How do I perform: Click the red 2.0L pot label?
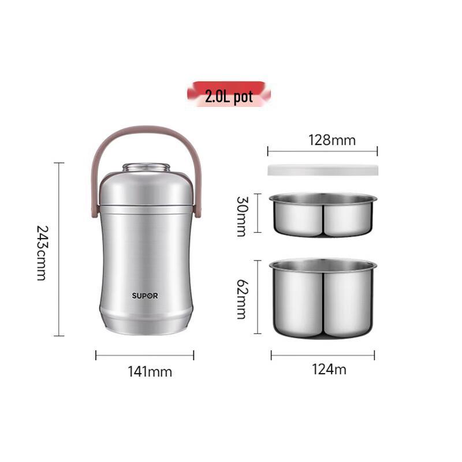coord(229,95)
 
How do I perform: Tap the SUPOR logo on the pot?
coord(144,296)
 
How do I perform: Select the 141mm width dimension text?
coord(150,371)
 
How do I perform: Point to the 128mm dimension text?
coord(332,140)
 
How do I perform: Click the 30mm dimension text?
coord(241,215)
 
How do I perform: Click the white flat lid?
coord(322,170)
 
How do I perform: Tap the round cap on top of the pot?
coord(147,168)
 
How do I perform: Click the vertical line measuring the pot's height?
coord(58,248)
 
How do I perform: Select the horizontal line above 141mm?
coord(144,355)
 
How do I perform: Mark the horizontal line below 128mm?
coord(322,152)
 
